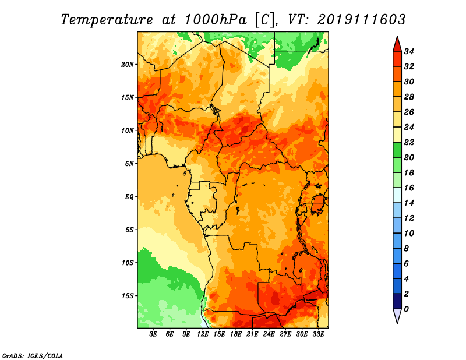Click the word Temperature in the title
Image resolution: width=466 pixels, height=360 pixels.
click(107, 20)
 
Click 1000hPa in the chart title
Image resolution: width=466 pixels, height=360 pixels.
click(216, 20)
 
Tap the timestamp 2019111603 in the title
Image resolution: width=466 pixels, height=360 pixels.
click(361, 20)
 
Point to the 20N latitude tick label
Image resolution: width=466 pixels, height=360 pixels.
click(128, 65)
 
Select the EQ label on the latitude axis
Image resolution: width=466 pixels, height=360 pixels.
click(129, 197)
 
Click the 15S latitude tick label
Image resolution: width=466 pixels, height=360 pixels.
click(128, 296)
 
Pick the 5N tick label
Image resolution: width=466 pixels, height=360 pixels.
click(129, 164)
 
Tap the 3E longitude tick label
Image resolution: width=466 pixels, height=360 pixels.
click(153, 334)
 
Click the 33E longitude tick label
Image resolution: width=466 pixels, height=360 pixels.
click(318, 334)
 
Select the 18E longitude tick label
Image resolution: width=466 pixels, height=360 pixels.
click(236, 334)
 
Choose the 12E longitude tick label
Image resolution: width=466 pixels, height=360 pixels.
click(203, 334)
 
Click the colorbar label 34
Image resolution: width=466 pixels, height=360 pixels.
click(409, 51)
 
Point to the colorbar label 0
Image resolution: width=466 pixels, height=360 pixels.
click(406, 309)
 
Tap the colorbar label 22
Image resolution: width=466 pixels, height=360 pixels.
click(409, 142)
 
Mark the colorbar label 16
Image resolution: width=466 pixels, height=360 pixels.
click(409, 188)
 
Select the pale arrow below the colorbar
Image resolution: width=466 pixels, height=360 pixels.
click(397, 316)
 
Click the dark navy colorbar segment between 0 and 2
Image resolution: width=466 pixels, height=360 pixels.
click(397, 301)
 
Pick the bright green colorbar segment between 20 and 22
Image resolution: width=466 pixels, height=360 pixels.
click(397, 150)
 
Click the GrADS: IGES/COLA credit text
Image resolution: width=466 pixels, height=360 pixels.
click(33, 355)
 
